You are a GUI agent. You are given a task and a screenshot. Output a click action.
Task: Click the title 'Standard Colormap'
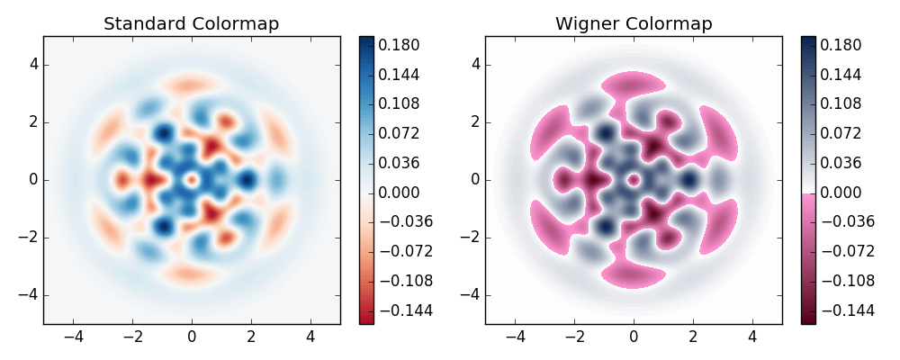tap(191, 24)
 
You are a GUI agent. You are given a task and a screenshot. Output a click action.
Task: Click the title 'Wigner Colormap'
tap(634, 24)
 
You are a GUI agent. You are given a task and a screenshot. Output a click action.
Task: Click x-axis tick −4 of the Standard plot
tap(73, 337)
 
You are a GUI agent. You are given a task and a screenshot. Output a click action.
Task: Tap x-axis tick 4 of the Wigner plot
tap(752, 337)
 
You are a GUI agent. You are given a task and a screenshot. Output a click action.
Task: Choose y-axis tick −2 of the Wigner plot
tap(471, 238)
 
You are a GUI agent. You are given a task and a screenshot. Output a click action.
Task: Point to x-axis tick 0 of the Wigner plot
tap(634, 337)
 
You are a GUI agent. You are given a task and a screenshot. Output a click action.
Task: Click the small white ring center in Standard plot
tap(191, 180)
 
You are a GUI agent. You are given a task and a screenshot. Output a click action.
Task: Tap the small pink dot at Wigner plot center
tap(634, 180)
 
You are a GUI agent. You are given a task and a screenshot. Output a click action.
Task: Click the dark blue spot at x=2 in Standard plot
tap(248, 180)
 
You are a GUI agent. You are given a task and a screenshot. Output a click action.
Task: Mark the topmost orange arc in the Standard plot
tap(191, 85)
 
